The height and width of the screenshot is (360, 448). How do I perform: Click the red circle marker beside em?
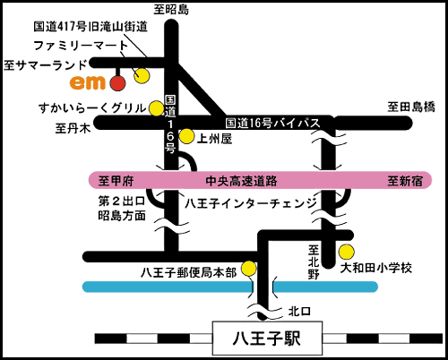pyautogui.click(x=117, y=83)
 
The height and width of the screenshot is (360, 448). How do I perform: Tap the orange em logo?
pyautogui.click(x=88, y=82)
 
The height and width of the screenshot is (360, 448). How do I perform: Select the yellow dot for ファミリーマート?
pyautogui.click(x=142, y=76)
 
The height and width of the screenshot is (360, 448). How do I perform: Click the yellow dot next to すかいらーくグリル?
pyautogui.click(x=156, y=108)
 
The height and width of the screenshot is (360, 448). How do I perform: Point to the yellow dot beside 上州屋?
pyautogui.click(x=186, y=136)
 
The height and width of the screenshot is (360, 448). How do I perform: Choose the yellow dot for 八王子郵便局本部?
pyautogui.click(x=249, y=268)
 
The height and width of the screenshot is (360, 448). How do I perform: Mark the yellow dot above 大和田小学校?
pyautogui.click(x=347, y=252)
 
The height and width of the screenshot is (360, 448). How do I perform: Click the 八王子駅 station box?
pyautogui.click(x=267, y=339)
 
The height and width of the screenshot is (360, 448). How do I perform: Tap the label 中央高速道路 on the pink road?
pyautogui.click(x=241, y=181)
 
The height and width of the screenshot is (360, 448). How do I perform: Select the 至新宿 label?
pyautogui.click(x=405, y=181)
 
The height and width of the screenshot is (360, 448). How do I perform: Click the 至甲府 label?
pyautogui.click(x=116, y=181)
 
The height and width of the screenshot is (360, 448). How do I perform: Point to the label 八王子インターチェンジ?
pyautogui.click(x=251, y=203)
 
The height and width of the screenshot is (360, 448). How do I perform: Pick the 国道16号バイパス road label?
pyautogui.click(x=272, y=123)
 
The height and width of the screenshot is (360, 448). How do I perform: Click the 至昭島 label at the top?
pyautogui.click(x=171, y=10)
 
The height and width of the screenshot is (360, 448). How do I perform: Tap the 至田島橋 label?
pyautogui.click(x=411, y=107)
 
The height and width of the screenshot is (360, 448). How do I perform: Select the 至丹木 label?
pyautogui.click(x=73, y=129)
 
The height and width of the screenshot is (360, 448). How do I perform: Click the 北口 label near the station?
pyautogui.click(x=299, y=312)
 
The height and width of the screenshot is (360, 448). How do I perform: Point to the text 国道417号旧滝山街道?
pyautogui.click(x=90, y=27)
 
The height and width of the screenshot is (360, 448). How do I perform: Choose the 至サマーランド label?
pyautogui.click(x=46, y=65)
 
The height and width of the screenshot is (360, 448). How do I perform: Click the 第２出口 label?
pyautogui.click(x=122, y=201)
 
